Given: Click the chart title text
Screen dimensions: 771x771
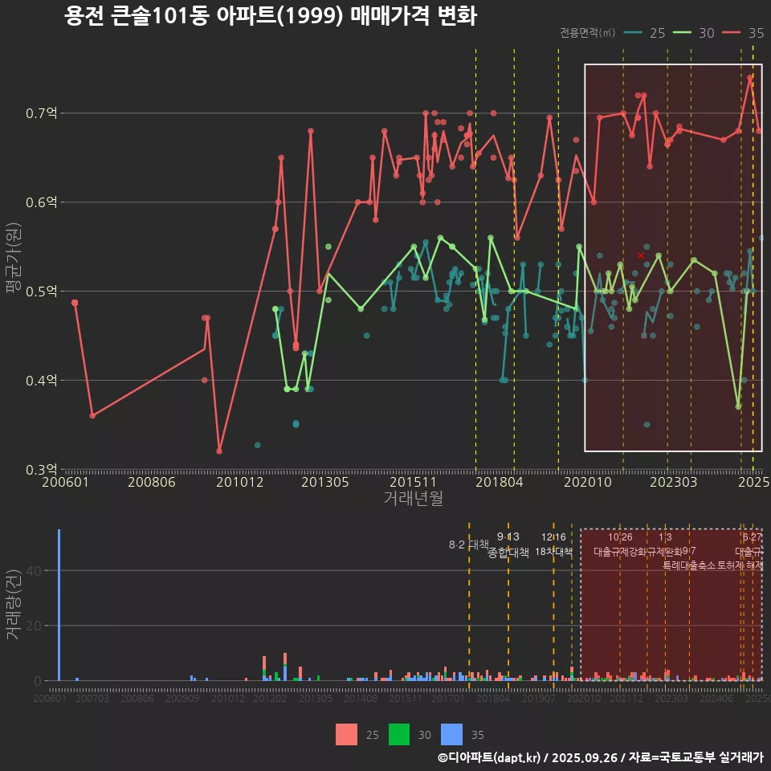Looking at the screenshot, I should (x=270, y=16).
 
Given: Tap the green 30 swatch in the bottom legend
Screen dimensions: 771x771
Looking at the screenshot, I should (x=399, y=734).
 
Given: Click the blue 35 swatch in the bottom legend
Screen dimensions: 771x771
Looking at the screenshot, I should (x=452, y=734).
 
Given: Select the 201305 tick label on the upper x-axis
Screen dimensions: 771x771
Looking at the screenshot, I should (x=324, y=483).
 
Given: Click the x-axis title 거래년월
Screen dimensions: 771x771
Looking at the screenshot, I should (x=413, y=498).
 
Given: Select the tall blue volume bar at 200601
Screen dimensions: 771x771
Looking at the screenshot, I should (x=59, y=604).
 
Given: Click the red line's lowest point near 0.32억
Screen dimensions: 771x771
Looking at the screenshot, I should (x=219, y=451).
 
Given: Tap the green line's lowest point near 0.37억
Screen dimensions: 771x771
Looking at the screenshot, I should (x=738, y=406).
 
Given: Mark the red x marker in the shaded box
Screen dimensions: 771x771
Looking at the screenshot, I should (x=641, y=255).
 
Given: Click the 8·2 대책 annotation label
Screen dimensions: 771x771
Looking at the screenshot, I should (x=468, y=545).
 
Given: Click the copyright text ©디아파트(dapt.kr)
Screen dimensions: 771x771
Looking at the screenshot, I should (x=490, y=757).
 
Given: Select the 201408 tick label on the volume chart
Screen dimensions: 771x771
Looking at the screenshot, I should (x=361, y=699).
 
